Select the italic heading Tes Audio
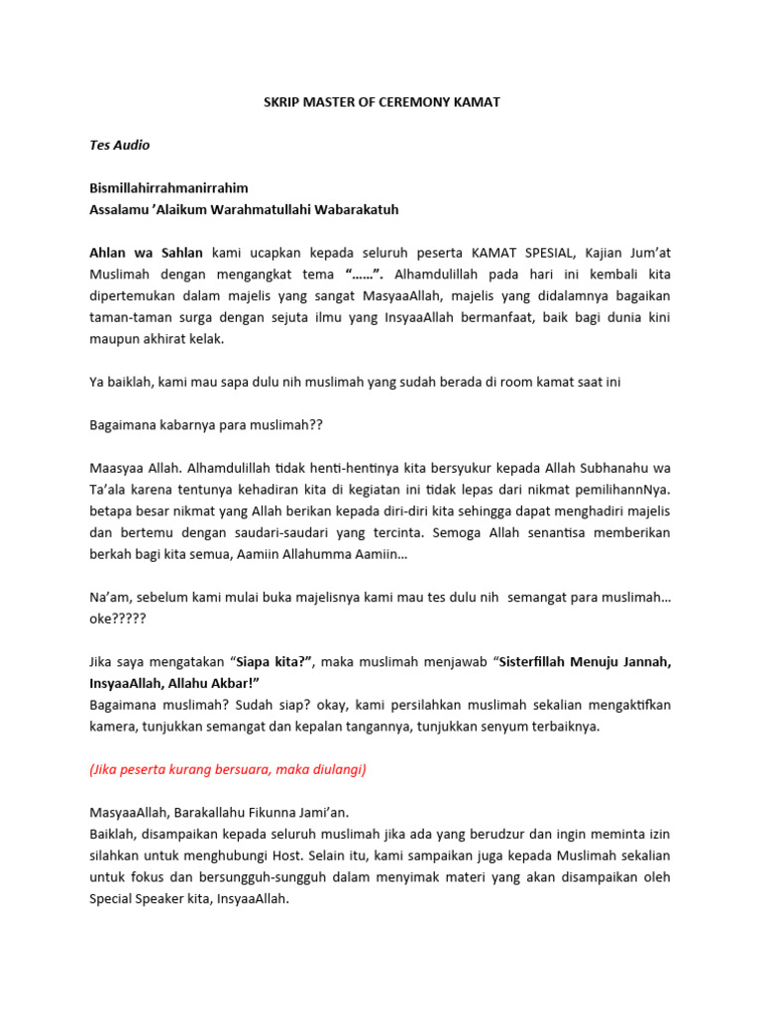119,145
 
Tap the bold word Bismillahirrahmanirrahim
168,187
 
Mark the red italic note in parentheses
228,768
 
